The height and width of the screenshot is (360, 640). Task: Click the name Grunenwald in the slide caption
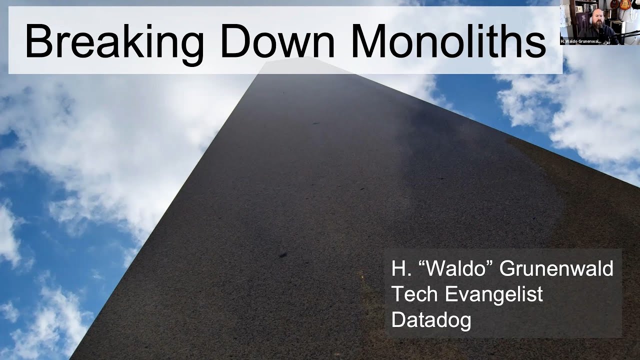click(556, 268)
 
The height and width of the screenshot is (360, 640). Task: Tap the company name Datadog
click(431, 319)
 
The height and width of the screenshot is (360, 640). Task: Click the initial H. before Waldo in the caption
click(399, 268)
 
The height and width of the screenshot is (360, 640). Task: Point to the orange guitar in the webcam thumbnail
click(625, 5)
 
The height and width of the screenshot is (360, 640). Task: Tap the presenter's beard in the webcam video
click(598, 25)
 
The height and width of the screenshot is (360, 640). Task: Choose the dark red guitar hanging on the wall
click(614, 4)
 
